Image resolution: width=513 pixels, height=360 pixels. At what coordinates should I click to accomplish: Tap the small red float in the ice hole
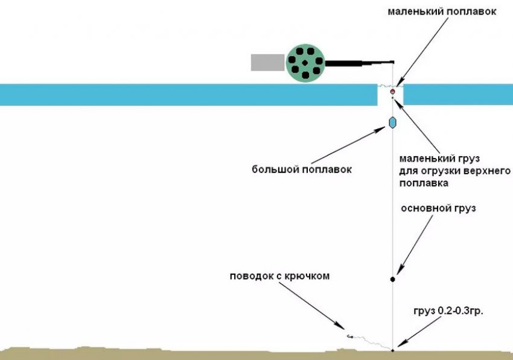392,92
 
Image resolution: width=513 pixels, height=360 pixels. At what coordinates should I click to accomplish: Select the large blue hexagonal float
392,122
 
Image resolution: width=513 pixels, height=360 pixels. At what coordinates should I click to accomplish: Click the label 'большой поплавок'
301,170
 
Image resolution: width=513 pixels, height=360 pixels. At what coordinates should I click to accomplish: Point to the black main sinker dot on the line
392,279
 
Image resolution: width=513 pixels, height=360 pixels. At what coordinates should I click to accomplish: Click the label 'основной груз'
438,209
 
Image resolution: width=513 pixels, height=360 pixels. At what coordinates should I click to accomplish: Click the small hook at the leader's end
349,336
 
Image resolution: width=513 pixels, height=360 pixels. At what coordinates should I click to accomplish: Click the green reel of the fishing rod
305,63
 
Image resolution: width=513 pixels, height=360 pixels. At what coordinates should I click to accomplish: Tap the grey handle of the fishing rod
267,62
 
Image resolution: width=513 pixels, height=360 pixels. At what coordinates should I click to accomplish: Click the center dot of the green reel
305,63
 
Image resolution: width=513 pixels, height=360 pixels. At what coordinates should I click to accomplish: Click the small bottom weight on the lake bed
392,350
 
